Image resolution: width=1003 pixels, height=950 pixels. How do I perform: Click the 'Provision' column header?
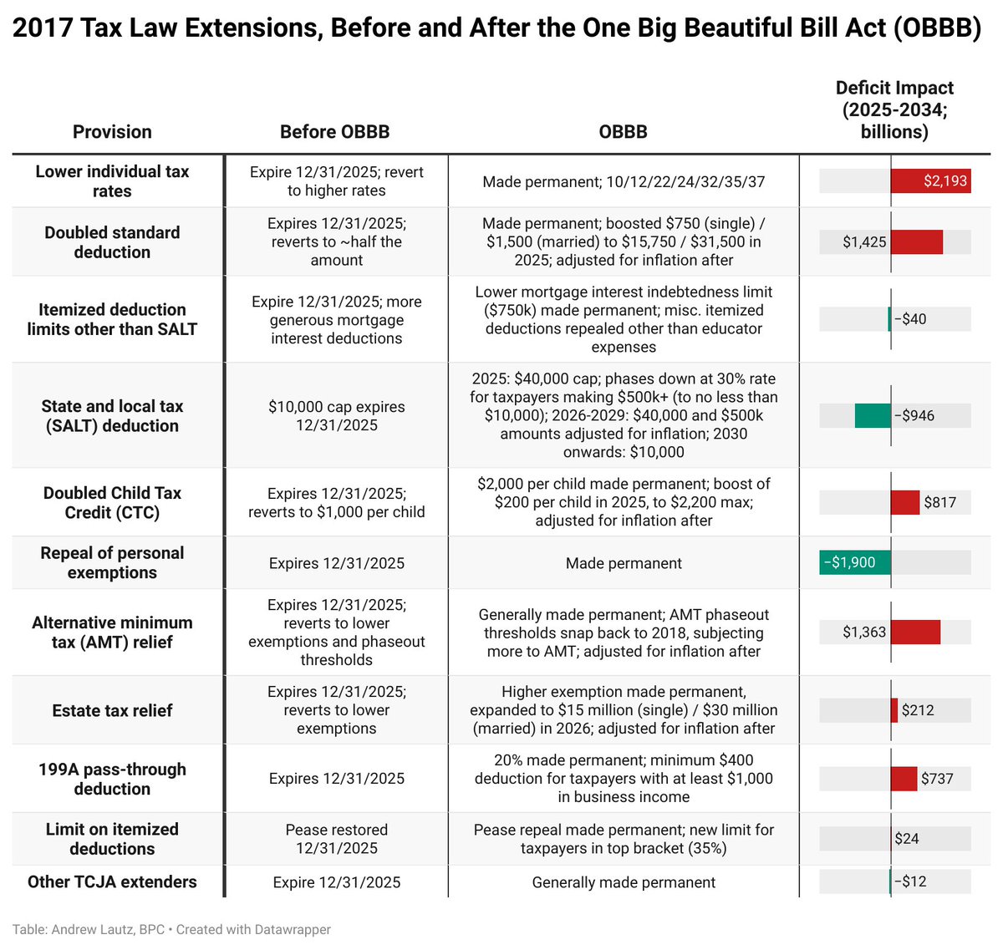click(112, 132)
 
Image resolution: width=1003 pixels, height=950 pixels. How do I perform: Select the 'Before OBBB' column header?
click(334, 132)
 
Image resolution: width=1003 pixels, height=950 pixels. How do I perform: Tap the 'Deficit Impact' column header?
click(894, 110)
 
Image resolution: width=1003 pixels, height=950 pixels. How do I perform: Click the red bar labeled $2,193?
click(930, 181)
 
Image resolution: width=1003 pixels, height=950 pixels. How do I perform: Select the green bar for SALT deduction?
click(873, 416)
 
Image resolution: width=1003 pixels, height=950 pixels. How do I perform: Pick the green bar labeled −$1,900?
click(855, 562)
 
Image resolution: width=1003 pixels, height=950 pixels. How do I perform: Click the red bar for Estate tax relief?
click(894, 710)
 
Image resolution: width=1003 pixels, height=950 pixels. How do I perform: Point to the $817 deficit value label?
click(939, 503)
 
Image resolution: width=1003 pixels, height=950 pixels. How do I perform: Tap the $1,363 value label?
click(864, 632)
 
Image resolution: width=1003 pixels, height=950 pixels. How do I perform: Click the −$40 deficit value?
click(910, 319)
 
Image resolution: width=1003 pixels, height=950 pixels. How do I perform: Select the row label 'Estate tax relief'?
click(112, 711)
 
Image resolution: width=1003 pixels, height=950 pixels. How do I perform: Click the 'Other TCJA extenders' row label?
click(112, 882)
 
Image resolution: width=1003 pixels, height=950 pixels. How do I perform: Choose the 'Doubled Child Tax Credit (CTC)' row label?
click(112, 503)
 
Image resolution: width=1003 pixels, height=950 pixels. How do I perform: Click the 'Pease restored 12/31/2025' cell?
click(337, 839)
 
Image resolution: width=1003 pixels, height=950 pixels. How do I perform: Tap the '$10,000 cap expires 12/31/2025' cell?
click(337, 416)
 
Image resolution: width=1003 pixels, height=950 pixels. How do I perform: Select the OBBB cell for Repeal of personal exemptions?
click(624, 563)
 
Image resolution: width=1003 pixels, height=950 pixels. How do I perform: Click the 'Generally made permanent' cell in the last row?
click(624, 882)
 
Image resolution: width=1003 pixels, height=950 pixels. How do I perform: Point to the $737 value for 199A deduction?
click(937, 779)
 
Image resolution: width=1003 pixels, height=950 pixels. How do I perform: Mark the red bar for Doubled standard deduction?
click(917, 242)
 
